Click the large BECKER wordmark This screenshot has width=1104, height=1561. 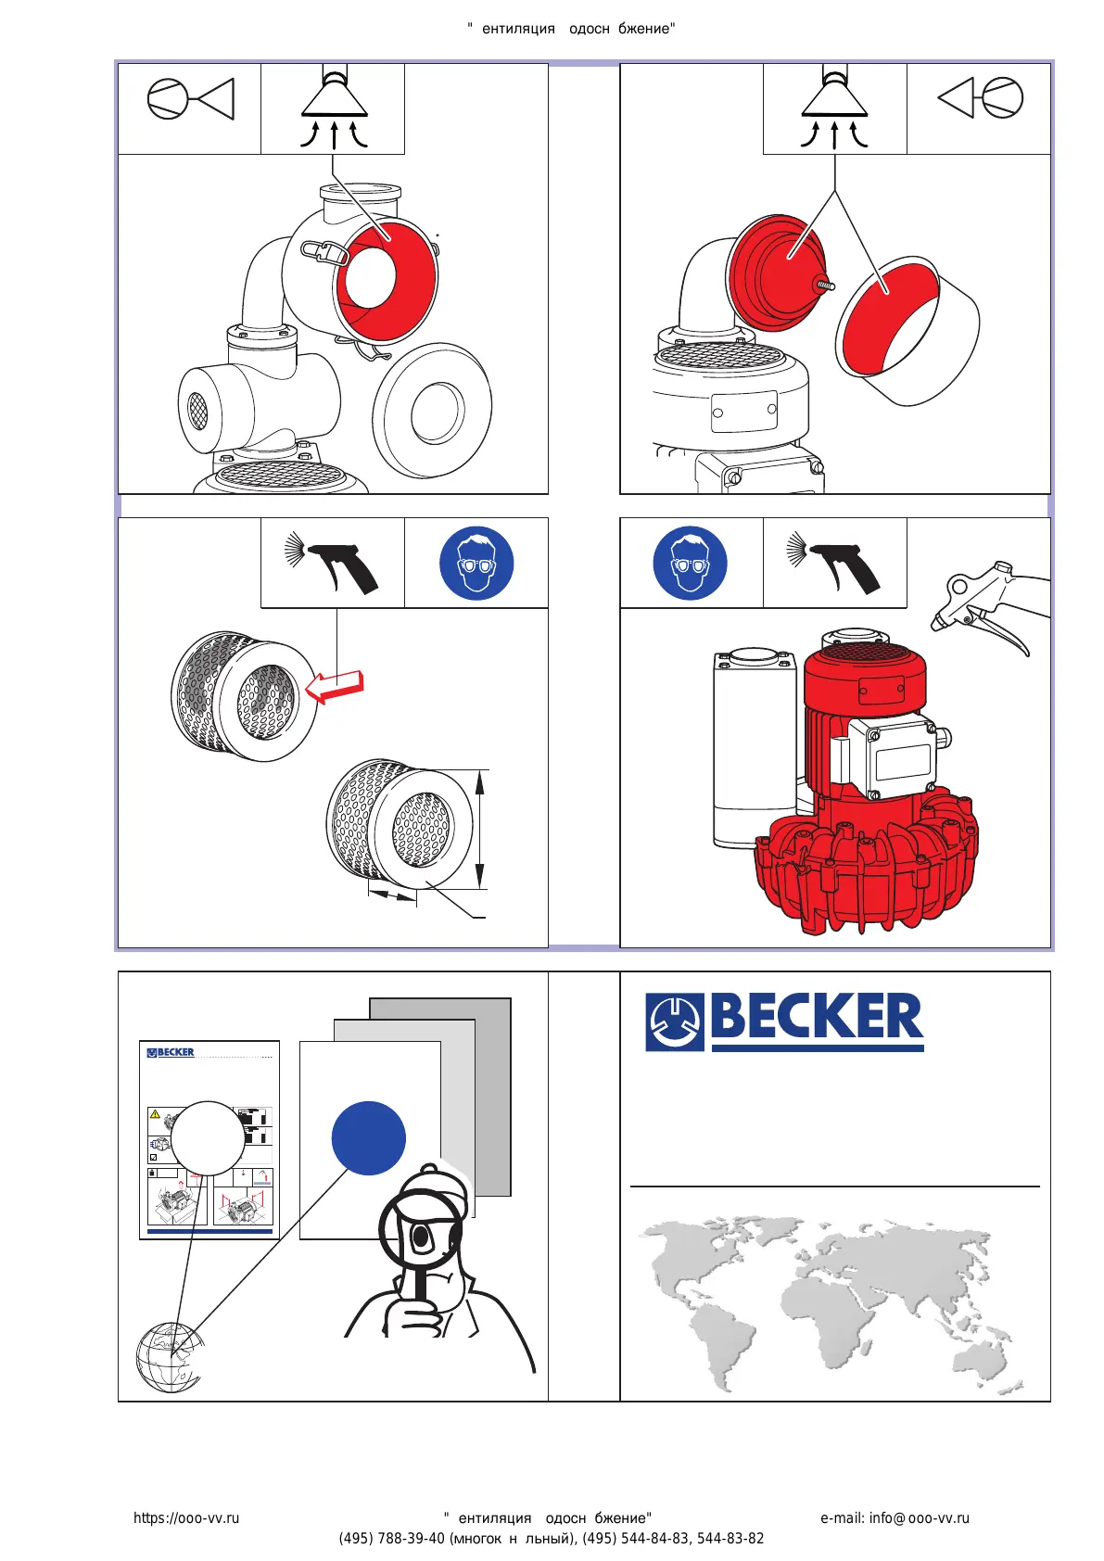[816, 1017]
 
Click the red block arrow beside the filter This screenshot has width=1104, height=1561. [336, 687]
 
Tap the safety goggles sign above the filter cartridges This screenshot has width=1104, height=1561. [476, 563]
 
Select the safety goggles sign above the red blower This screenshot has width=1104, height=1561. [690, 563]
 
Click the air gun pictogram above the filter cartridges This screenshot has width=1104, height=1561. [332, 563]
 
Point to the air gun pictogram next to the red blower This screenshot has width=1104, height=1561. [833, 563]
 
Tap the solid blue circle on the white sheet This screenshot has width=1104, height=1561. [369, 1138]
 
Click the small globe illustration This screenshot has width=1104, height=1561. [168, 1357]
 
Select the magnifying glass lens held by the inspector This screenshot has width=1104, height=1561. [420, 1232]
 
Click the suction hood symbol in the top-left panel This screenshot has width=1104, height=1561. [333, 108]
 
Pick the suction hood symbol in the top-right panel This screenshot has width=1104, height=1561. [834, 108]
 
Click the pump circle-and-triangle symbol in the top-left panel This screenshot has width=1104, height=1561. [190, 99]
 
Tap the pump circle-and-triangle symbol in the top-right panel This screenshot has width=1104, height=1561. [981, 97]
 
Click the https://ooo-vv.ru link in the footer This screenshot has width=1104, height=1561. [186, 1518]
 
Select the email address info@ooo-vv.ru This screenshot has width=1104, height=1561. [895, 1518]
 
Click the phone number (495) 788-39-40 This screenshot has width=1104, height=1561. [391, 1539]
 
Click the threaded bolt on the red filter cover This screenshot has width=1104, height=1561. [823, 284]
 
